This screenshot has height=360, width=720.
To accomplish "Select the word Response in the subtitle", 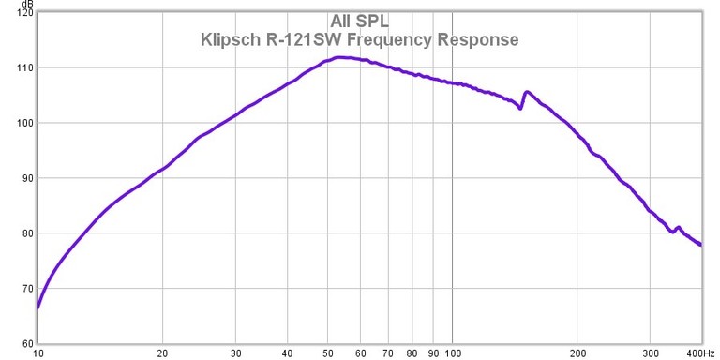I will pos(478,40).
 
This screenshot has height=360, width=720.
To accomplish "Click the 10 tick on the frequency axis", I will pos(37,353).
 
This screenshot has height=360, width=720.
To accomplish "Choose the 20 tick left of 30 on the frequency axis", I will pos(163,353).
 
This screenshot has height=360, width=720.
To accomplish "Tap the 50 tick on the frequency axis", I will pos(329,353).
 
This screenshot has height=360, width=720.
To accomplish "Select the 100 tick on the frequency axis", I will pos(453,353).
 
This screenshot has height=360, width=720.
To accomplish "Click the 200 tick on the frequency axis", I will pos(578,353).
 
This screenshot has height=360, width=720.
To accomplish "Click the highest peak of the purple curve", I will pos(339,57).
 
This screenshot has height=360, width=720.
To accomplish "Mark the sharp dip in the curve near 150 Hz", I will pos(520,108).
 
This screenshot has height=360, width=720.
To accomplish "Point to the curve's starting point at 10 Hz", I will pos(38,307).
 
